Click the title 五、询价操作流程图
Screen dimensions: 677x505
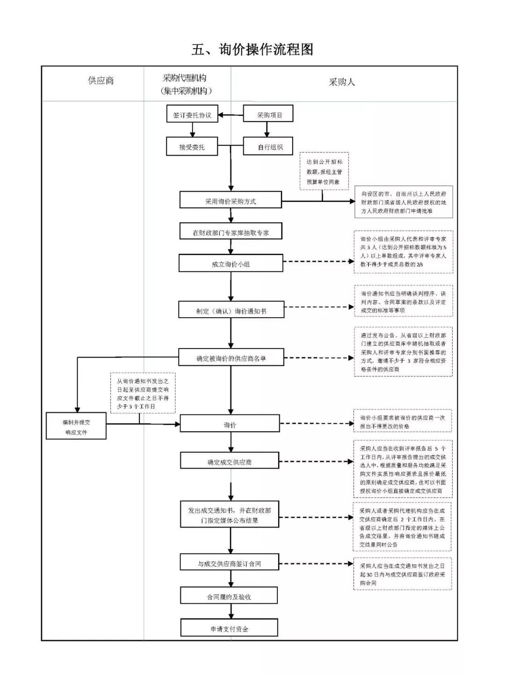(x=252, y=49)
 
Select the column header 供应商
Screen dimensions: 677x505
(x=101, y=80)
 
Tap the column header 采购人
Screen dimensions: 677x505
(x=341, y=82)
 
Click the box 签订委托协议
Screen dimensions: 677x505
(x=192, y=115)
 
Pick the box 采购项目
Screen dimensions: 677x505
(x=268, y=115)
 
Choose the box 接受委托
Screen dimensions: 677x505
(x=192, y=147)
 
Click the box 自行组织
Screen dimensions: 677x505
(x=268, y=147)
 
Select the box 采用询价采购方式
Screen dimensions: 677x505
(x=231, y=201)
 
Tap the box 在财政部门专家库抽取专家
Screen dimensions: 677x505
(x=231, y=232)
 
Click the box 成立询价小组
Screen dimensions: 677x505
(x=231, y=264)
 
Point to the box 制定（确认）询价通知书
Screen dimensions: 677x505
(x=231, y=310)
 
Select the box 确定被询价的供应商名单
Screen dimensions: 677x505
(x=231, y=358)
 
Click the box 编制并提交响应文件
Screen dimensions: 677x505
(x=76, y=427)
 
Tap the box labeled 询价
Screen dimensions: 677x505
(x=230, y=424)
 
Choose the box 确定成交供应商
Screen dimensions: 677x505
(x=230, y=462)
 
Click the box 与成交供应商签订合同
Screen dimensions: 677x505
(x=230, y=563)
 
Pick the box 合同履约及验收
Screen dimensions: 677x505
(x=229, y=596)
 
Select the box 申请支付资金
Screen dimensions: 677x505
(x=229, y=628)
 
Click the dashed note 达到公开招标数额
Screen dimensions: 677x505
(x=324, y=171)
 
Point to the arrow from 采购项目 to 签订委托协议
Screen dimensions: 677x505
(x=231, y=115)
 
